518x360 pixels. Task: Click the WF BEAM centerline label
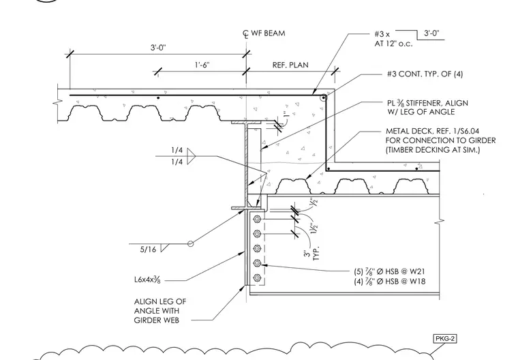(x=264, y=33)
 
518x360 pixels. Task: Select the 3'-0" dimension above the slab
(x=159, y=48)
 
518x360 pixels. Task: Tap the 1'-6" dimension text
(x=202, y=65)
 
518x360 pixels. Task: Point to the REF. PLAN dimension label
(x=290, y=65)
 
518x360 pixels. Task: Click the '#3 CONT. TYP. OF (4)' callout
(x=425, y=74)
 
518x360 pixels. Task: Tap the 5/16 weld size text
(x=148, y=250)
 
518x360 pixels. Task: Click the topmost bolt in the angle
(x=258, y=219)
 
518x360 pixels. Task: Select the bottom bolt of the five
(x=258, y=277)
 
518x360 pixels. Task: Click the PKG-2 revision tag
(x=445, y=338)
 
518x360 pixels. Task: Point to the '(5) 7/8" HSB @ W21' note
(x=389, y=271)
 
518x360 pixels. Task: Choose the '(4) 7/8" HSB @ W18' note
(x=389, y=282)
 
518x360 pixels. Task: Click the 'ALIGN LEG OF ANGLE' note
(x=160, y=311)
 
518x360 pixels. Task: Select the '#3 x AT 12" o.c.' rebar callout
(x=393, y=39)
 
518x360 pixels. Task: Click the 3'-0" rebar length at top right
(x=431, y=33)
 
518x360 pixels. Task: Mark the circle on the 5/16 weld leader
(x=191, y=243)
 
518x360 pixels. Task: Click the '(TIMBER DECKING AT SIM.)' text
(x=433, y=150)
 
